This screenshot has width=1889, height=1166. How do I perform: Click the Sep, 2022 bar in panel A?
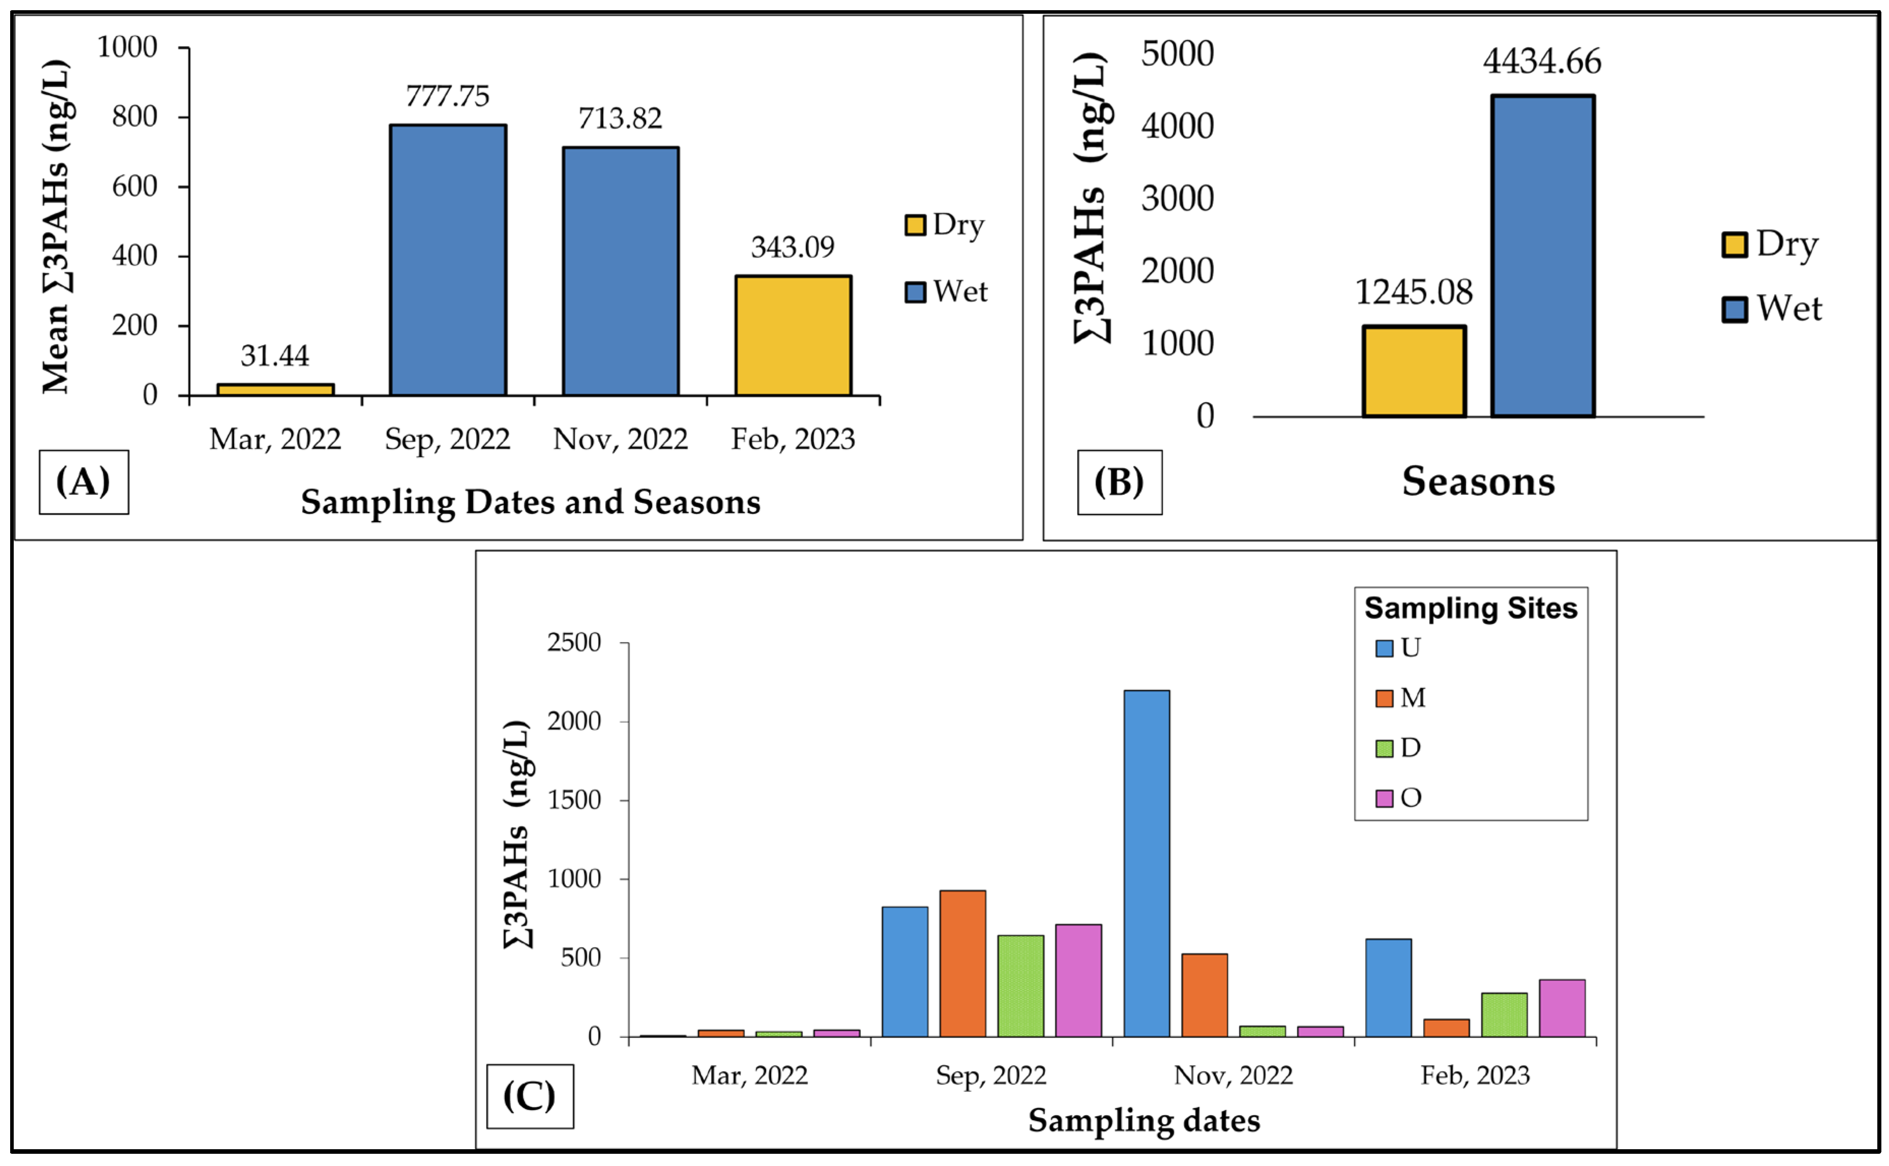pos(448,260)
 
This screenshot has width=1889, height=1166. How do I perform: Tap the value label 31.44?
pos(274,356)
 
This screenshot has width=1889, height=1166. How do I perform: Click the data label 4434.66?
pos(1542,61)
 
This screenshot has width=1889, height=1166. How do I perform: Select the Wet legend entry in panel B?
pos(1773,308)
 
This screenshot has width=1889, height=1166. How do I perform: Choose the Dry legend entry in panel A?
pos(946,224)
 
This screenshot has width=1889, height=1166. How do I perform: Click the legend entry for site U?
pos(1399,647)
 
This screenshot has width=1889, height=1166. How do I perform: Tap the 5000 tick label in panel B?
pos(1177,54)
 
